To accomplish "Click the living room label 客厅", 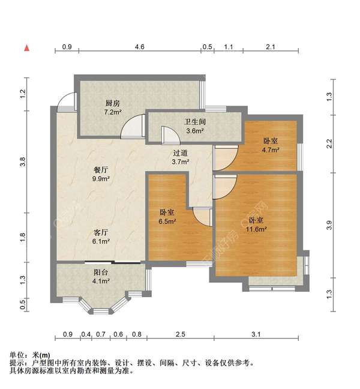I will (100, 232).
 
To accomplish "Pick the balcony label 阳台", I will (100, 272).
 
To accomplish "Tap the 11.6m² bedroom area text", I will (257, 229).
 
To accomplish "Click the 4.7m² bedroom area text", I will (271, 151).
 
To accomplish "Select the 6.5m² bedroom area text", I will (167, 222).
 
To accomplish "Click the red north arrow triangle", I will (26, 47).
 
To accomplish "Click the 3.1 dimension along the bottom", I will (256, 334).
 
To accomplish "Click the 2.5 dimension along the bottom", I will (180, 334).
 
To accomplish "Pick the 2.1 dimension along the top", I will (270, 46).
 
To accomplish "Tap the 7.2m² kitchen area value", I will (113, 112).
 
